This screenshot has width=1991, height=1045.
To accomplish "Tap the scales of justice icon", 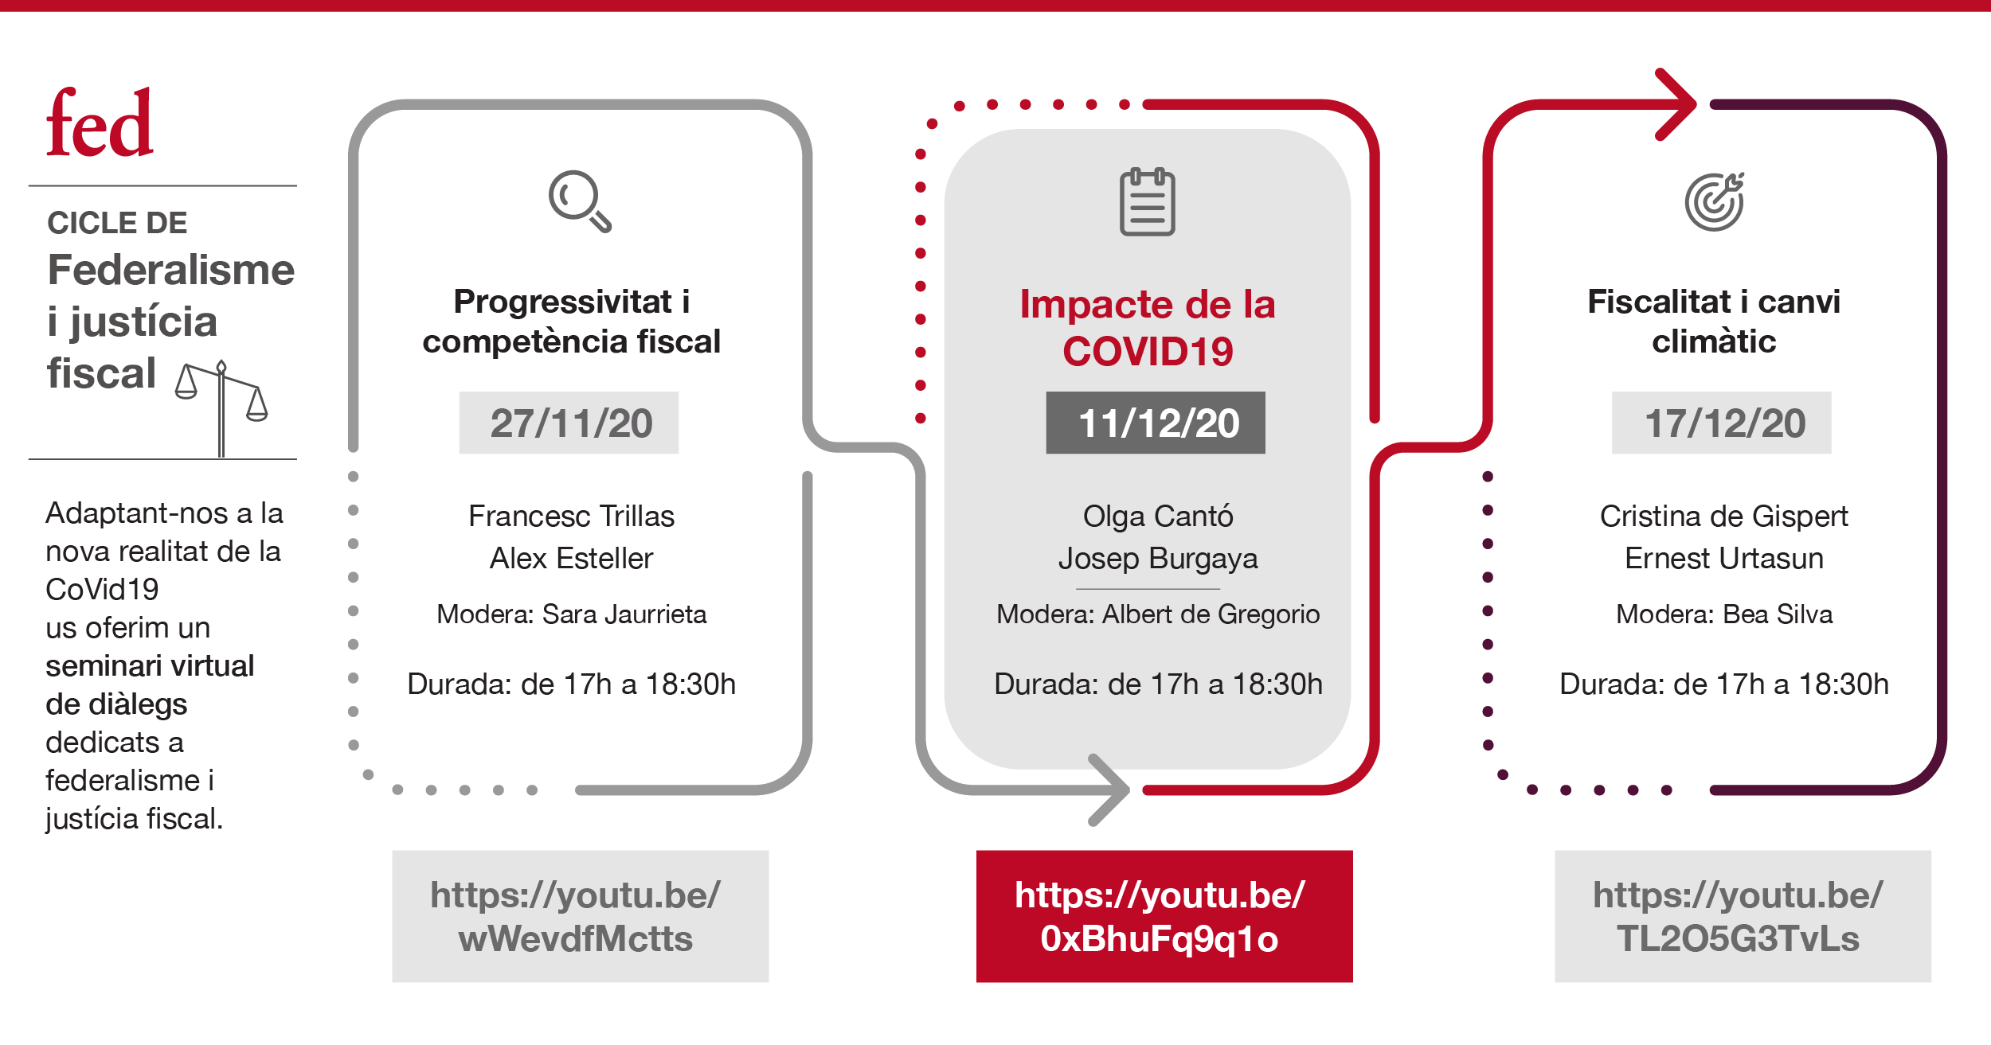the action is click(221, 408).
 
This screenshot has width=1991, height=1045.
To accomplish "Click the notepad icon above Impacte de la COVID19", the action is click(1147, 201).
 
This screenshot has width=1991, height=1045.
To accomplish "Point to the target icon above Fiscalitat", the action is click(1715, 201).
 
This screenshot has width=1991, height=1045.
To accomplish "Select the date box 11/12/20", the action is click(1156, 423).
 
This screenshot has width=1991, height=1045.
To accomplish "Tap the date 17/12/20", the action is click(1722, 423).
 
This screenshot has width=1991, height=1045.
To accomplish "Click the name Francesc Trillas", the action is click(571, 516).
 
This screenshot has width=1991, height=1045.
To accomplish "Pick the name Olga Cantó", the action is click(1158, 516).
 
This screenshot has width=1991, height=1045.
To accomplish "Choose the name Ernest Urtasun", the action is click(1724, 558).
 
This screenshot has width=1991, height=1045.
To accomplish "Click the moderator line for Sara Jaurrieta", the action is click(571, 614).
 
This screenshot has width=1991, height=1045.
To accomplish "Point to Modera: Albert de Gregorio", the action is click(1158, 614).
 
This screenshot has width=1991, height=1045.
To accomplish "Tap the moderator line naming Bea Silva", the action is click(1724, 614).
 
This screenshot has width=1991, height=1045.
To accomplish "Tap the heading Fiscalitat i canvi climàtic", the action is click(1714, 321).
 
